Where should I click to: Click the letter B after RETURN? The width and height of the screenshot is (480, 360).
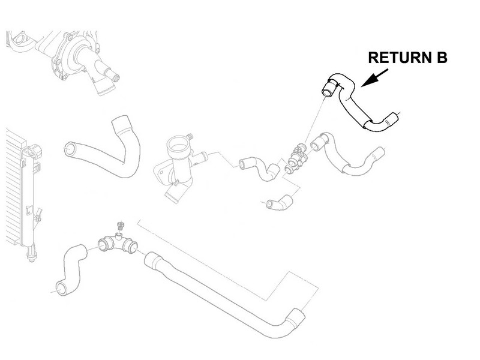click(x=442, y=58)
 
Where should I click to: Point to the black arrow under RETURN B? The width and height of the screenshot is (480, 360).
click(x=374, y=78)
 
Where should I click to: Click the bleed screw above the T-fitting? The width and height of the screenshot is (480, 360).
click(x=121, y=226)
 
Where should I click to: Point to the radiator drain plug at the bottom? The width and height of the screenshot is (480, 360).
click(x=31, y=254)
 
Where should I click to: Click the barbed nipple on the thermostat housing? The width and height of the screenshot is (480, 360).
click(x=190, y=136)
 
